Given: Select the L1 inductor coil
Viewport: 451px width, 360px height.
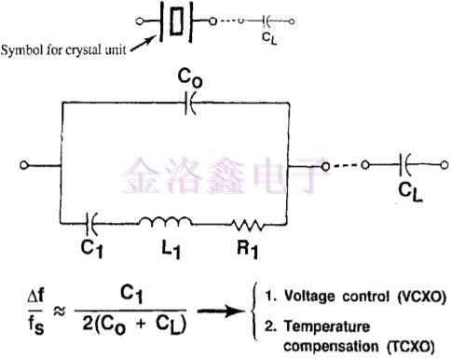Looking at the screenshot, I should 168,223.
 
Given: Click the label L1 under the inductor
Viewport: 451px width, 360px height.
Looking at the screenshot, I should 168,250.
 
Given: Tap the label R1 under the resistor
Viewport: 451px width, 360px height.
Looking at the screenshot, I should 247,250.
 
